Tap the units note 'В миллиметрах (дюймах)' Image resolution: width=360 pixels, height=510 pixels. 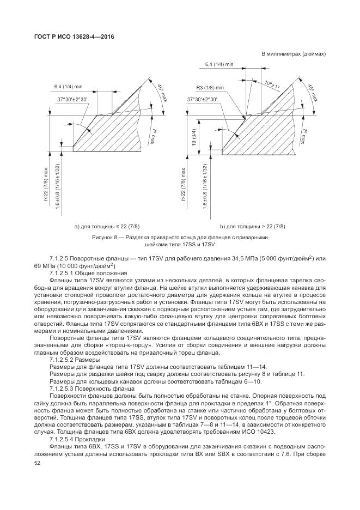tap(294, 54)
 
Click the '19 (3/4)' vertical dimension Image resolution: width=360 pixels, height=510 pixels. tap(194, 135)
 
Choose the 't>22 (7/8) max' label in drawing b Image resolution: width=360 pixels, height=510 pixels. tap(176, 185)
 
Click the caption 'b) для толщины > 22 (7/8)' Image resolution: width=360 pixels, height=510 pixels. tap(252, 226)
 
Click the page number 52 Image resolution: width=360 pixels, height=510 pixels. tap(38, 463)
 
